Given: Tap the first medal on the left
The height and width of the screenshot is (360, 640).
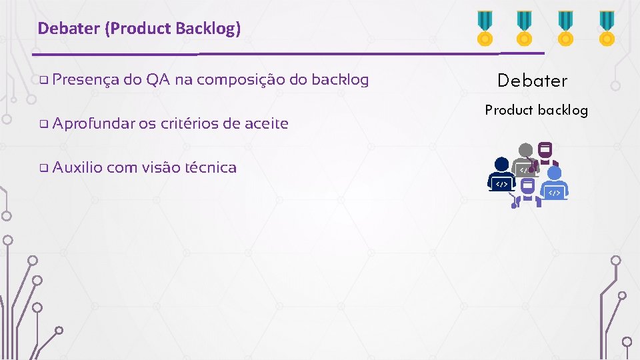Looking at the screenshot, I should click(483, 28).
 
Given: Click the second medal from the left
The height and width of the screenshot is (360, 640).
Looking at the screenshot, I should click(525, 28).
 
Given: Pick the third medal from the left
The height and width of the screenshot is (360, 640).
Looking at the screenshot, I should click(565, 28).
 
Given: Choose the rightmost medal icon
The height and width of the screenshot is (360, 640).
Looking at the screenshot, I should click(607, 28).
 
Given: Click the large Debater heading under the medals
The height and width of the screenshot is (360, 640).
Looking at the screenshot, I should click(533, 81).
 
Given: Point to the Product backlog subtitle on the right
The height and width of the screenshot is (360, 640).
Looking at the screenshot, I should click(536, 110).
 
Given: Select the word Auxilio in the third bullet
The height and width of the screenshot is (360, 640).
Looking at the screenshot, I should click(77, 167).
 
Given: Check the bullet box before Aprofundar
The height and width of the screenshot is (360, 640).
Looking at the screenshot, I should click(43, 124).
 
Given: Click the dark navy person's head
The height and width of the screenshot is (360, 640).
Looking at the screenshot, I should click(501, 165).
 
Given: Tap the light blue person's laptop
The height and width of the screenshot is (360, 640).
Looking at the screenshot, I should click(554, 193).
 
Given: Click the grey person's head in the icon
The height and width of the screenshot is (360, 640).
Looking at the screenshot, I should click(526, 151).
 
